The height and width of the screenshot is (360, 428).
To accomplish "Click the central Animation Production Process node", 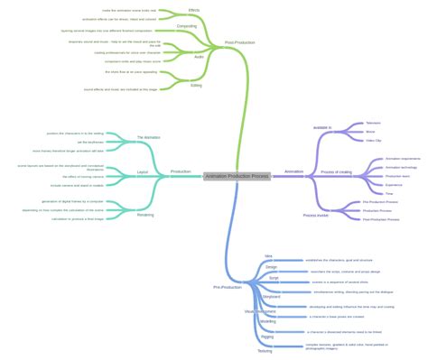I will tap(237, 176).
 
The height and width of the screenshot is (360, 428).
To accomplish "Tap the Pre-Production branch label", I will tap(227, 287).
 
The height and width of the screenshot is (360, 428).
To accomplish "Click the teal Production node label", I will tap(181, 171).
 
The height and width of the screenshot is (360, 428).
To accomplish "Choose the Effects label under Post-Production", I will tap(194, 10).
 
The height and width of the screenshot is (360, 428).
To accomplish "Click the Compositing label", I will tap(187, 26).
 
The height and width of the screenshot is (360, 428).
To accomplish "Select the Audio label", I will tap(199, 56).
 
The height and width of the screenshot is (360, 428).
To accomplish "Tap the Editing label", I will tap(196, 86).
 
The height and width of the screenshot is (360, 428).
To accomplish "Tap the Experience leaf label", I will tap(369, 184).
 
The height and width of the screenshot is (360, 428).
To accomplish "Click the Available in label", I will tap(322, 128).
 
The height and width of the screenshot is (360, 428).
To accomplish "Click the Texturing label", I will tap(265, 351).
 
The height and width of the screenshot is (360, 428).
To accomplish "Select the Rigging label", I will tap(267, 337).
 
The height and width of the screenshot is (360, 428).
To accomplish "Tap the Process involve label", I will tap(316, 216).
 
